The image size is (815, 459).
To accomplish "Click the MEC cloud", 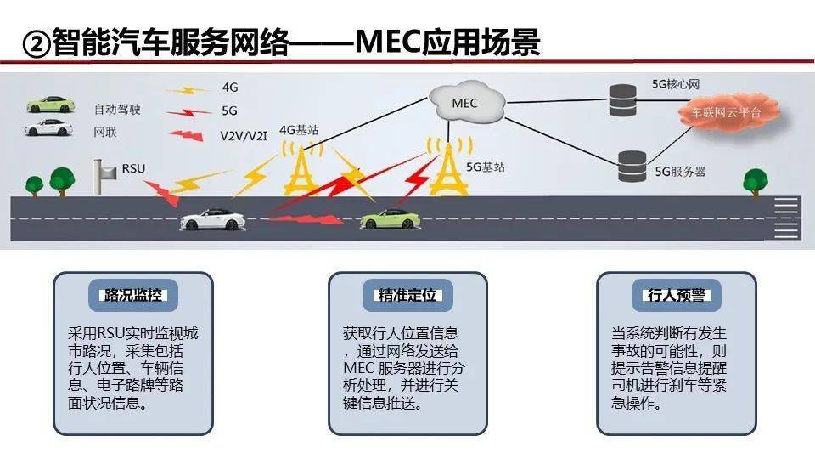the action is pos(466,102).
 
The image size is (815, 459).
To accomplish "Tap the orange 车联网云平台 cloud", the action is pos(728,111).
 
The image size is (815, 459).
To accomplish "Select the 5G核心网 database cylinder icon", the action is pos(622,100).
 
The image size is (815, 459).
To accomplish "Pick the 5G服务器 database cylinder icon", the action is pos(632,167).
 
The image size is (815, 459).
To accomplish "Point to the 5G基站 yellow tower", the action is pos(448,166).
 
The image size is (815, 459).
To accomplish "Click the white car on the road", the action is pos(212,219).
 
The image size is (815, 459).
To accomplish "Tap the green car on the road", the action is pos(391,219).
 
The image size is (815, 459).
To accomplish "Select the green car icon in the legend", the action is pos(50,105).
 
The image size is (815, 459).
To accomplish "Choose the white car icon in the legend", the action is pos(49,128).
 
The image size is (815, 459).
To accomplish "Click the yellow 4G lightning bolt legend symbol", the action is pos(188,90).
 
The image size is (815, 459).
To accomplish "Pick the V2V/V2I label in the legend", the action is pos(244,136).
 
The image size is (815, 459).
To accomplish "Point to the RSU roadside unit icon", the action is pos(104,176).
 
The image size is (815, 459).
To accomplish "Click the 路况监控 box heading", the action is pos(133,295).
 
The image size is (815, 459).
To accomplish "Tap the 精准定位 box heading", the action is pos(407,295).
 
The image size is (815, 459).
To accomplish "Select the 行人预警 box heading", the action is pos(677,295).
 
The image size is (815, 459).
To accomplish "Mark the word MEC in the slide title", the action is pos(388,42).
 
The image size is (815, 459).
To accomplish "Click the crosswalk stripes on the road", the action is pos(786,218).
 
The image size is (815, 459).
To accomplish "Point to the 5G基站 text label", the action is pos(486,167).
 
